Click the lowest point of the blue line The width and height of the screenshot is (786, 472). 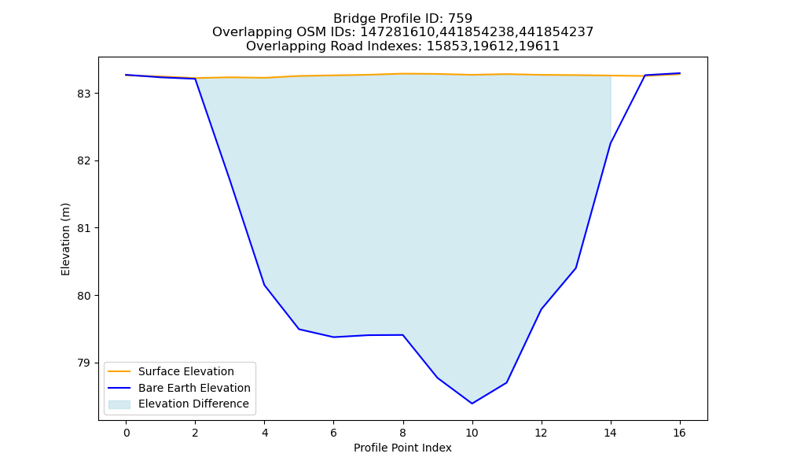pos(472,404)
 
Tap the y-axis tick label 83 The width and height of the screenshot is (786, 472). pos(85,94)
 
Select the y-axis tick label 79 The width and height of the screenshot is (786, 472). pos(85,363)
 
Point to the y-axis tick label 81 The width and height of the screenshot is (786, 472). pos(85,228)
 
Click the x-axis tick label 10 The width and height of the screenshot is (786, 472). pos(472,433)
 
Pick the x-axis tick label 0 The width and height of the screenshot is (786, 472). pos(127,433)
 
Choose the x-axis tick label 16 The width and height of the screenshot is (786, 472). pos(679,433)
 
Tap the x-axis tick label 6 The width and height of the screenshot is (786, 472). pos(333,433)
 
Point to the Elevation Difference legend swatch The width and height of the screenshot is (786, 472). pos(119,404)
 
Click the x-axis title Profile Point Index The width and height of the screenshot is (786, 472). pos(402,448)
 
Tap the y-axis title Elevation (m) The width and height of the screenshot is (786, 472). pos(65,239)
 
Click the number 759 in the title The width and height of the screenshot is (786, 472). pos(460,19)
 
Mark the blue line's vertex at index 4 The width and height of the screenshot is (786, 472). pos(264,286)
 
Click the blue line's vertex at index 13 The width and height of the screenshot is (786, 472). pos(575,268)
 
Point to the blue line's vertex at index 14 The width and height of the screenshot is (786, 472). pos(610,143)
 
